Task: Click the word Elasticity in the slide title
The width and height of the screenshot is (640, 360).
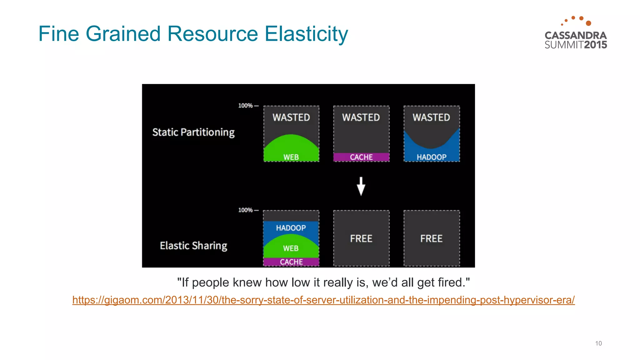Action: tap(306, 34)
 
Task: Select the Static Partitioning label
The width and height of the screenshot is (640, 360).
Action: tap(193, 132)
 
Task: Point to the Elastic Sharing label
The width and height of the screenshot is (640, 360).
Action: tap(193, 246)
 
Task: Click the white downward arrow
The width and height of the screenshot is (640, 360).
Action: tap(361, 186)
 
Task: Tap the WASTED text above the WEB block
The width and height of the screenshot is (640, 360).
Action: tap(291, 117)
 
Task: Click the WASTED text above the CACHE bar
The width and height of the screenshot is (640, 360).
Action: tap(361, 117)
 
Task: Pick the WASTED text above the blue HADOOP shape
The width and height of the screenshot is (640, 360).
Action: tap(431, 117)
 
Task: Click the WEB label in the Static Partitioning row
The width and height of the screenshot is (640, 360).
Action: tap(291, 157)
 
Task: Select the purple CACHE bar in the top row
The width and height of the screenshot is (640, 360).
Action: tap(361, 157)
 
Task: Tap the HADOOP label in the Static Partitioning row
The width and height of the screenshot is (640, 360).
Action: tap(432, 157)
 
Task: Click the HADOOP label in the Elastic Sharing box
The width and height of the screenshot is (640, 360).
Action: tap(291, 228)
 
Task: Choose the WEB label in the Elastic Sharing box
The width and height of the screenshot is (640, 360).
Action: tap(291, 248)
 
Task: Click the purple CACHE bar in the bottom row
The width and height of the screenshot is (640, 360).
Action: tap(291, 262)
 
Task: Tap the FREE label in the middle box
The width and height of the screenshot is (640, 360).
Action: tap(361, 239)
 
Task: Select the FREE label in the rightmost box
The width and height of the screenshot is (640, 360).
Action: tap(431, 239)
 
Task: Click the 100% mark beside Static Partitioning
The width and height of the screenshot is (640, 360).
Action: tap(246, 106)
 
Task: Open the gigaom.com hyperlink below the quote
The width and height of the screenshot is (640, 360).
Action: tap(323, 300)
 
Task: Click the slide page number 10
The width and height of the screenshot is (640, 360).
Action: tap(598, 343)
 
